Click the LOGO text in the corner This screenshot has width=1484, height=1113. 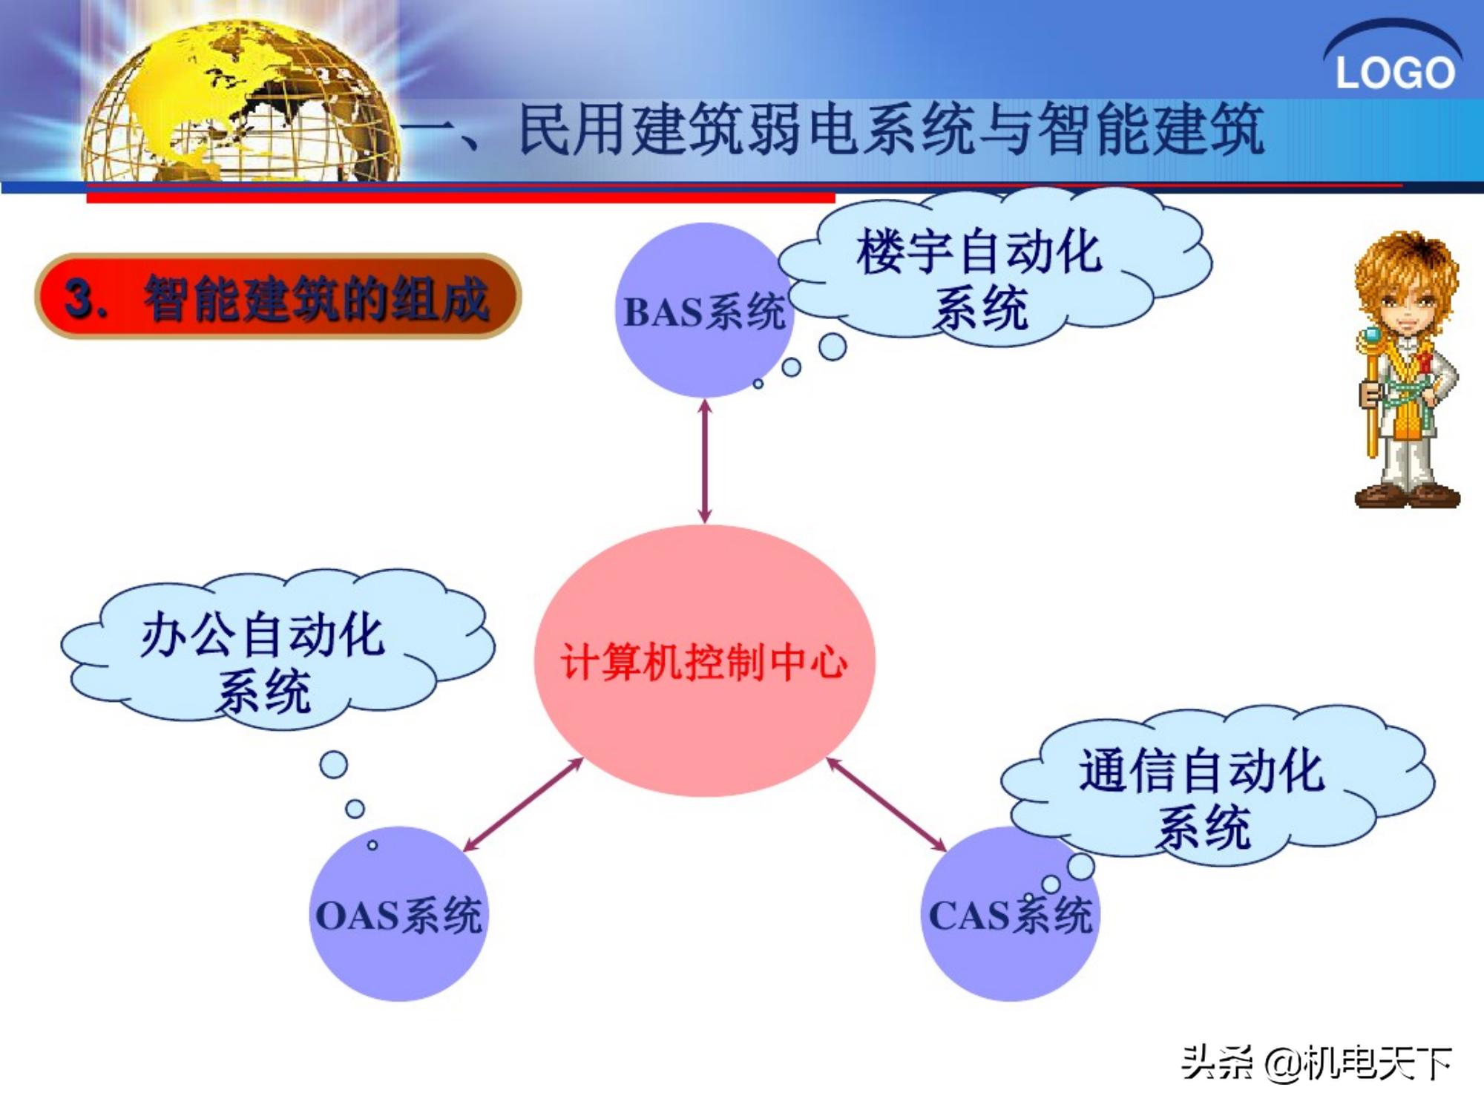tap(1394, 73)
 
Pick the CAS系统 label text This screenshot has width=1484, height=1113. tap(1010, 916)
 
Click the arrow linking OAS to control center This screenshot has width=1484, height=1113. tap(523, 805)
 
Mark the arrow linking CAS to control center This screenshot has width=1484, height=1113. tap(886, 805)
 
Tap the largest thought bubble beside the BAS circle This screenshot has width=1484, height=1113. tap(833, 347)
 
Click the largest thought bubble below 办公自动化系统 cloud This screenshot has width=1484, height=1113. tap(333, 764)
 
